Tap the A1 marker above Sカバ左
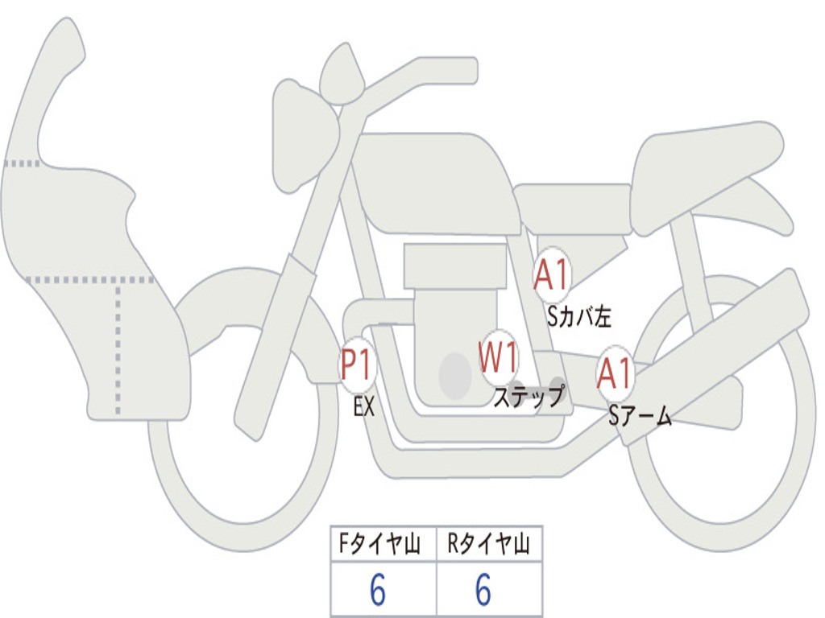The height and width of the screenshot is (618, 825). (x=552, y=274)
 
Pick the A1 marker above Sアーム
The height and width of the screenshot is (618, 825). (x=615, y=373)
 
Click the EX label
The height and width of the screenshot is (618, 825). (x=363, y=406)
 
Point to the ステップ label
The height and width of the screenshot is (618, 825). (x=529, y=396)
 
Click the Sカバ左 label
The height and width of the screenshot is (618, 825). (x=578, y=316)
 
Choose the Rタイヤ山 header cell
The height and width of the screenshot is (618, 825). (x=489, y=544)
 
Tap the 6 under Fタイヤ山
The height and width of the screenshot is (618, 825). (x=378, y=590)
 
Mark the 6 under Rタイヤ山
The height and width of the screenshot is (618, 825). (x=483, y=590)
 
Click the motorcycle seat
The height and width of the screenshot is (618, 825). (x=705, y=174)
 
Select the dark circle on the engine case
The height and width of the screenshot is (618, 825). (x=455, y=376)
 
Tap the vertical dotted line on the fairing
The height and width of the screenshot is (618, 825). (x=118, y=348)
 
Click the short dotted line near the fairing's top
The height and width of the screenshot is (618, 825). (x=22, y=163)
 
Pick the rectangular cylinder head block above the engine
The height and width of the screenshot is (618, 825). (x=455, y=266)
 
